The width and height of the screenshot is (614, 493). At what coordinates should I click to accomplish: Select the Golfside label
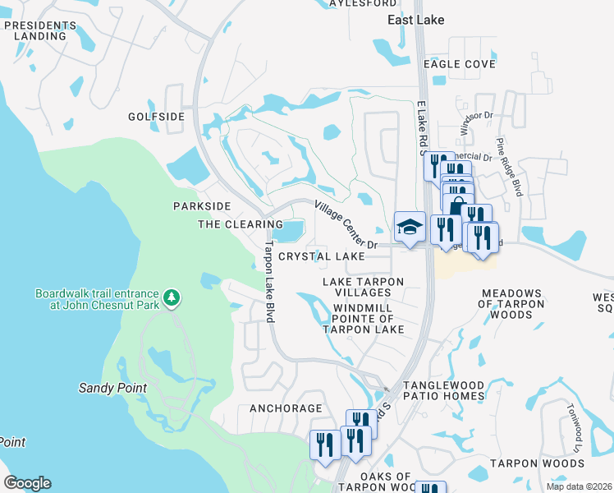pyautogui.click(x=156, y=117)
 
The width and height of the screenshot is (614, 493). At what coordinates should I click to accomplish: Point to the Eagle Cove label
pyautogui.click(x=459, y=63)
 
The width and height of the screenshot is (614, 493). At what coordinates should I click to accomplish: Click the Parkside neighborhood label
pyautogui.click(x=202, y=205)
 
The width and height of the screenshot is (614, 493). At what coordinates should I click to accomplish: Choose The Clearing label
pyautogui.click(x=241, y=224)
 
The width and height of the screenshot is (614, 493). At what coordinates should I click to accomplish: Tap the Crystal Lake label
pyautogui.click(x=321, y=256)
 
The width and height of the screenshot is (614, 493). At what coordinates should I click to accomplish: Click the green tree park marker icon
pyautogui.click(x=172, y=296)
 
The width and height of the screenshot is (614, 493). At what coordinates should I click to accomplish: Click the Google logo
pyautogui.click(x=27, y=483)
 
